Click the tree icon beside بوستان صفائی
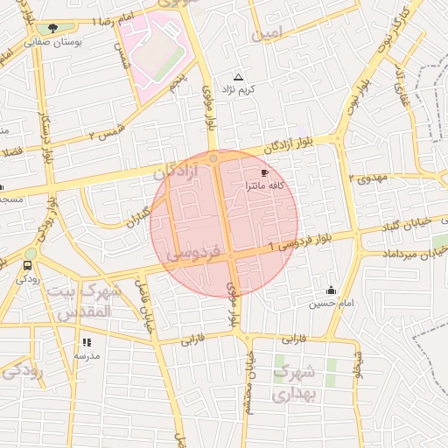[x=53, y=28]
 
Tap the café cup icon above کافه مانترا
[x=265, y=173]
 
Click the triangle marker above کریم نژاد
[x=239, y=77]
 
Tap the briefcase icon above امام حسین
[x=331, y=290]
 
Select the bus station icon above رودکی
[x=28, y=265]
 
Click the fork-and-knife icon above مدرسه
[x=86, y=342]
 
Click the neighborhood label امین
[x=268, y=36]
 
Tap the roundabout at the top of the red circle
[x=214, y=158]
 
